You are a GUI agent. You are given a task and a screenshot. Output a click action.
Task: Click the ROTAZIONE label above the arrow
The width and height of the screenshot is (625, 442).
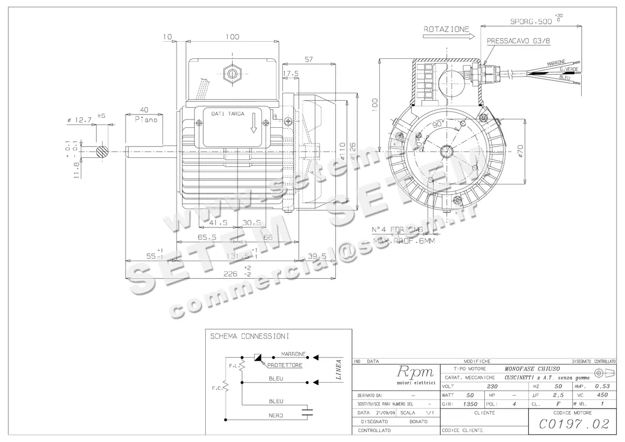[446, 29]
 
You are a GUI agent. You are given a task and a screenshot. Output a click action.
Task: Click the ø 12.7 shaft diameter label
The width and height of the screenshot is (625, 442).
[79, 119]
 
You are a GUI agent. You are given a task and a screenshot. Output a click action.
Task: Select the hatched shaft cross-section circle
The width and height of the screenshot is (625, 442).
[103, 152]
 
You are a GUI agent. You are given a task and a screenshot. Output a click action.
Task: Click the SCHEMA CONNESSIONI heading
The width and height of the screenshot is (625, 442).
[249, 336]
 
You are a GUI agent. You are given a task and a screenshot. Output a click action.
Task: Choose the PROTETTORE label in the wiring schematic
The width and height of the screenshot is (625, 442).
[284, 365]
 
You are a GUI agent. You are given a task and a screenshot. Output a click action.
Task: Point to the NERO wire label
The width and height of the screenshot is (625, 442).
[276, 415]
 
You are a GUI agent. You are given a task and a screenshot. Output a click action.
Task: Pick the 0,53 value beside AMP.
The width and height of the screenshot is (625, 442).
[602, 386]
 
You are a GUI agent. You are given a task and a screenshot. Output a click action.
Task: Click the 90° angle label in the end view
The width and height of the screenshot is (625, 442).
[440, 125]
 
